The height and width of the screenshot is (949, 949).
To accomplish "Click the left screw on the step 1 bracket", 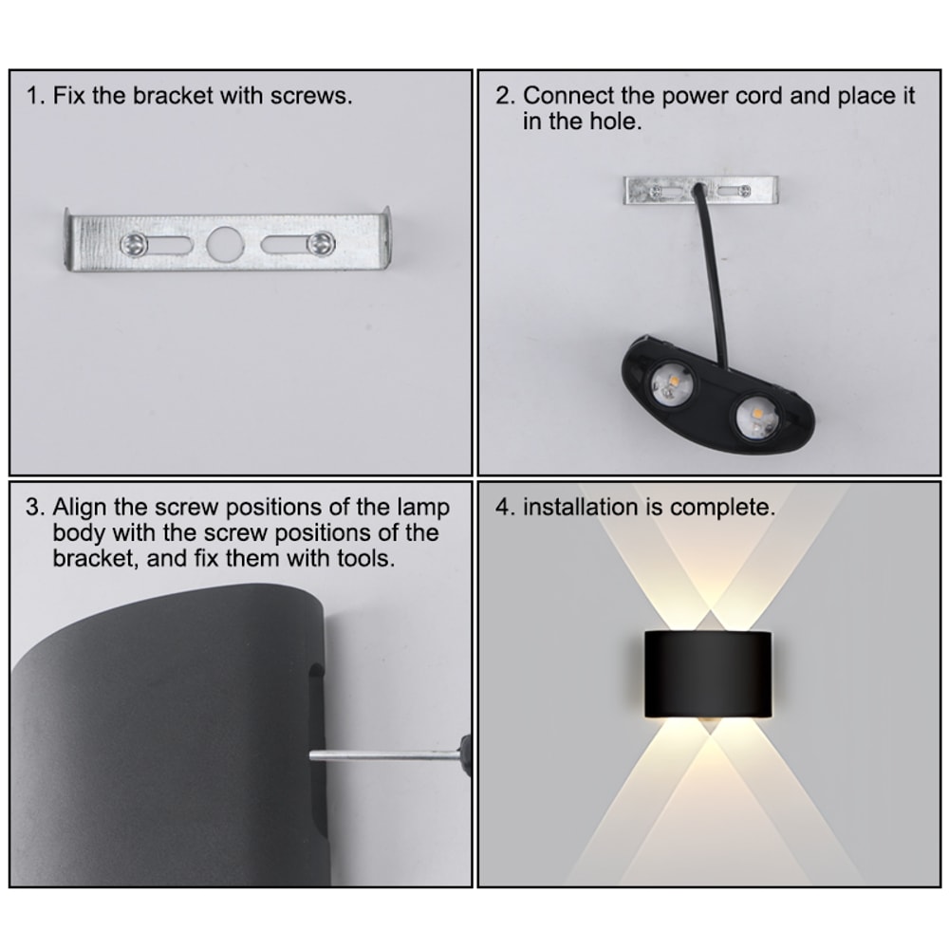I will point(134,244).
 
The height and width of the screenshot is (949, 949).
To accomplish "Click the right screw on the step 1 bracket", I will point(322,243).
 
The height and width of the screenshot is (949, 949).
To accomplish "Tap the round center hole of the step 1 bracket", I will point(227,244).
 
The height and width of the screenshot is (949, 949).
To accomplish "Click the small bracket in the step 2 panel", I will point(699,190).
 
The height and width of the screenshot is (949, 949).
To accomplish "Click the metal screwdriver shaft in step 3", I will point(380,754).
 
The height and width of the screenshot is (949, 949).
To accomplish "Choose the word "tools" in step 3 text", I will point(362,558).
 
